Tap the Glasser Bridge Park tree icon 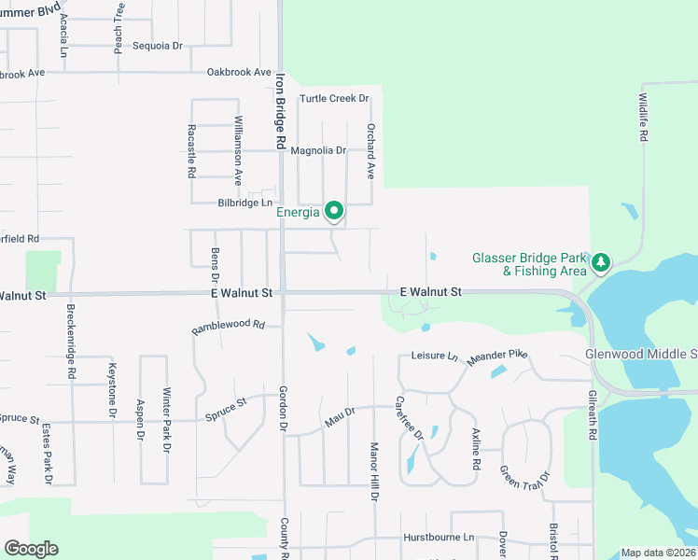pos(602,263)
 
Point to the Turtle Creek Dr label pos(334,98)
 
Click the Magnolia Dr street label pos(318,150)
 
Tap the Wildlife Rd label pos(644,117)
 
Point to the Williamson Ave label pos(238,149)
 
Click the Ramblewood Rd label pos(229,328)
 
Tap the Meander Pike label pos(497,357)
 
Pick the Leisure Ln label pos(435,356)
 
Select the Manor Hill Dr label pos(373,471)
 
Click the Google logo pos(31,548)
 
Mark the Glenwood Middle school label pos(641,355)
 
